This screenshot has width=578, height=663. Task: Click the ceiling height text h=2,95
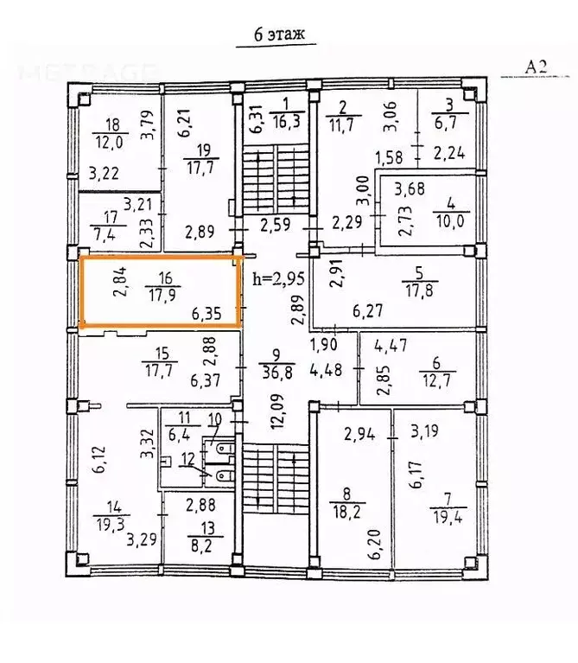(278, 278)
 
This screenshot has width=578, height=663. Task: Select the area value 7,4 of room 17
(105, 233)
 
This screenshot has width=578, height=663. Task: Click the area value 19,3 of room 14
(110, 525)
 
